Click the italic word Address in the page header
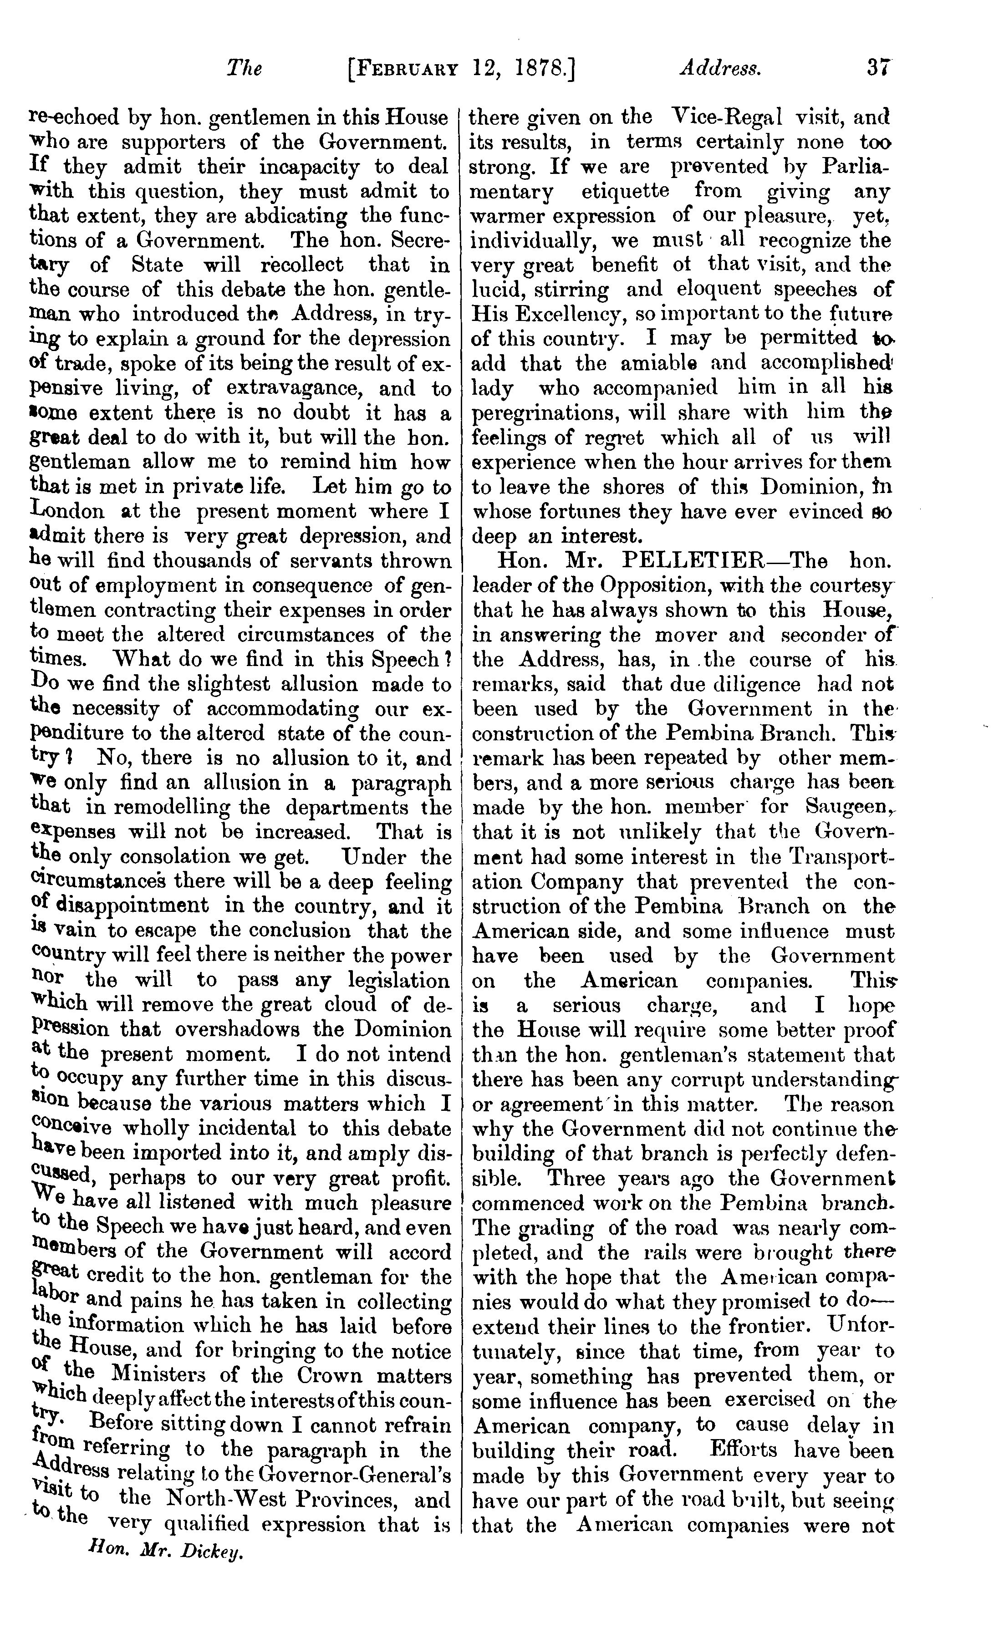point(719,68)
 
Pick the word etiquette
point(625,191)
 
